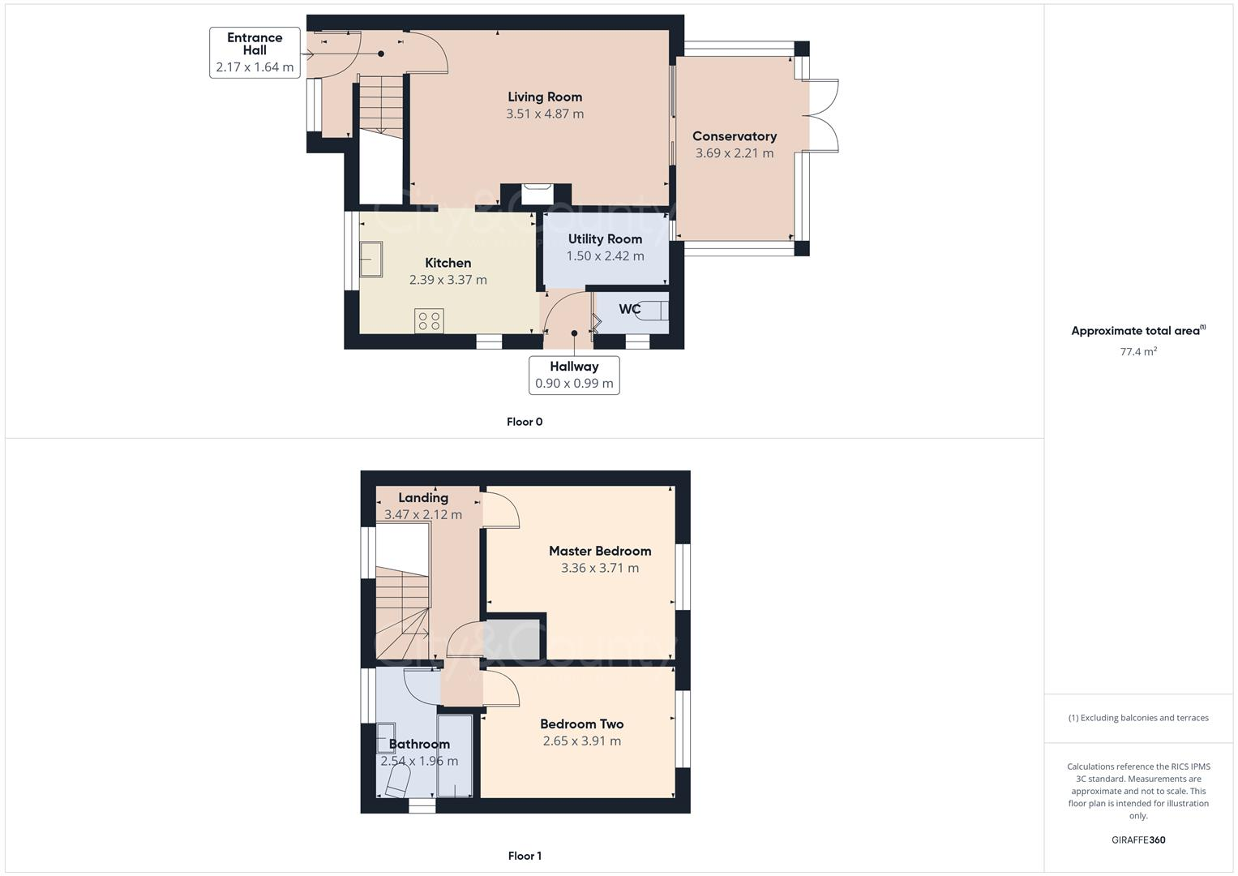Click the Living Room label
(545, 97)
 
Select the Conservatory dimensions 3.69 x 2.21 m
(734, 153)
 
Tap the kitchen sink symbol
(371, 260)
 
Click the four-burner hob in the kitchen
(429, 320)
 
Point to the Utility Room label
(605, 239)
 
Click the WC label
(629, 309)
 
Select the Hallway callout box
(574, 375)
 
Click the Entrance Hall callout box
(255, 53)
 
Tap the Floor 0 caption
(525, 422)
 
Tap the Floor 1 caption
(525, 856)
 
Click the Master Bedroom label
(600, 552)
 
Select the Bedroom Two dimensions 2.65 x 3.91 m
(581, 741)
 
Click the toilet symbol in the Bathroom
(396, 783)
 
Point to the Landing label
(423, 498)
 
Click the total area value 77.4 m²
(1138, 352)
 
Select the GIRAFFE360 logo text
(1138, 840)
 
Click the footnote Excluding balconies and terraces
(1138, 718)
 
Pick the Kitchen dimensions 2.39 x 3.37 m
(448, 280)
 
